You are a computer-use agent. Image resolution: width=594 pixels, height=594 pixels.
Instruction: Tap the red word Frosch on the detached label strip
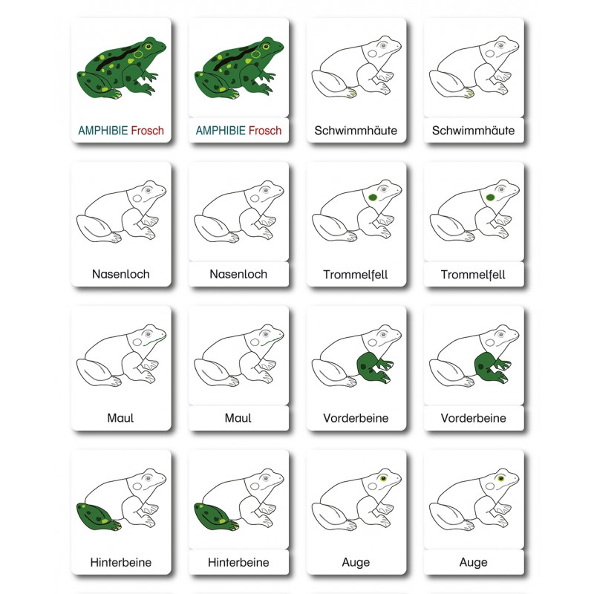pyautogui.click(x=265, y=131)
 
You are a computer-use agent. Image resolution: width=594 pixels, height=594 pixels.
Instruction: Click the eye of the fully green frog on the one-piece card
pyautogui.click(x=148, y=46)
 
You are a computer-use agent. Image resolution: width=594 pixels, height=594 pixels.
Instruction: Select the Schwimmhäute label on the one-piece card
pyautogui.click(x=356, y=131)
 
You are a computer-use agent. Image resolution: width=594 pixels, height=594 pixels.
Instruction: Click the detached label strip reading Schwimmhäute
pyautogui.click(x=474, y=131)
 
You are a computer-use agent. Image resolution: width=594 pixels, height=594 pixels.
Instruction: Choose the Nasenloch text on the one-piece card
pyautogui.click(x=121, y=274)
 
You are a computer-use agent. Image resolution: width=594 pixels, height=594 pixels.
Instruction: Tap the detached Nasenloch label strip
pyautogui.click(x=238, y=274)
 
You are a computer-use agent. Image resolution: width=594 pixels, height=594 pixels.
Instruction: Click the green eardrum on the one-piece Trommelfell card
pyautogui.click(x=372, y=197)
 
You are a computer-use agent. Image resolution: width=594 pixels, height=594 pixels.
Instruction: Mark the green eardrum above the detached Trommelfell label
pyautogui.click(x=490, y=197)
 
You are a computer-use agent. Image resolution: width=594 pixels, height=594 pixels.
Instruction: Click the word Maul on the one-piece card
pyautogui.click(x=121, y=418)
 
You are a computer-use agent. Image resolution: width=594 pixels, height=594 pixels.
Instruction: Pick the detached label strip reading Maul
pyautogui.click(x=238, y=418)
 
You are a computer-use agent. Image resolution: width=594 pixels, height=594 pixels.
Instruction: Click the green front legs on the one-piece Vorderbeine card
pyautogui.click(x=373, y=367)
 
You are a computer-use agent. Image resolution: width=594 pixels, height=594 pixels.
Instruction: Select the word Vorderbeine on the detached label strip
pyautogui.click(x=474, y=418)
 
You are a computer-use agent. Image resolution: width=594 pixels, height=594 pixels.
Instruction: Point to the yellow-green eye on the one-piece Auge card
pyautogui.click(x=384, y=477)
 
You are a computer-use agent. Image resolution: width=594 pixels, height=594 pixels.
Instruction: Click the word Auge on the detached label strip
pyautogui.click(x=474, y=562)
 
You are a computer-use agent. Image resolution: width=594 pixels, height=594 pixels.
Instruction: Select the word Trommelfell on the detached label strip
pyautogui.click(x=474, y=274)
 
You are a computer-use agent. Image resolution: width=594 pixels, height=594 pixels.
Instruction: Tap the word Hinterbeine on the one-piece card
pyautogui.click(x=121, y=562)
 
